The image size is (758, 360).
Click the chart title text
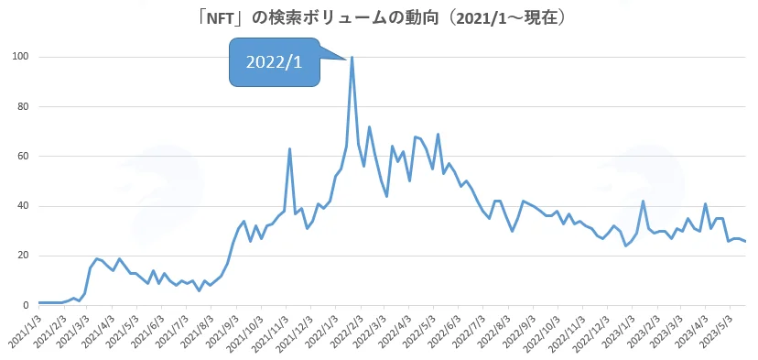coord(380,18)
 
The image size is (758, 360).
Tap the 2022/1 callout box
coord(274,62)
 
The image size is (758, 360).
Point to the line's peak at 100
coord(352,57)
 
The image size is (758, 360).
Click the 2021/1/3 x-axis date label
coord(25,331)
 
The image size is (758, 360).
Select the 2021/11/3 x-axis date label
coord(272,332)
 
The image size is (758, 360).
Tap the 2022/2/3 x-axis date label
coord(347,331)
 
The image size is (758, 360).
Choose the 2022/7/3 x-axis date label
coord(471,331)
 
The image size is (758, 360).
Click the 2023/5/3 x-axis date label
coord(718,331)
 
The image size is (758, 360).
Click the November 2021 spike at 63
coord(289,149)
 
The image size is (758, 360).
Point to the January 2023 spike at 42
coord(643,202)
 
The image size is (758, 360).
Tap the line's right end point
coord(745,241)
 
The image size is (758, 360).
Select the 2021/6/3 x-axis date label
coord(148,331)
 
